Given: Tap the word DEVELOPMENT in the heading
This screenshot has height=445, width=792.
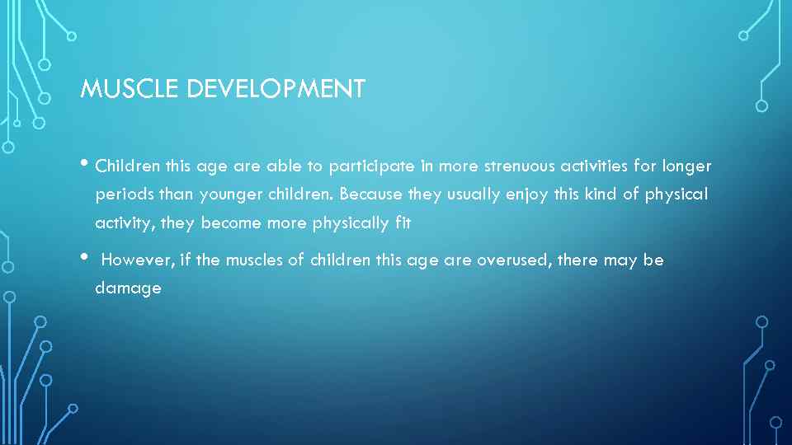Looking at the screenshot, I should coord(276,89).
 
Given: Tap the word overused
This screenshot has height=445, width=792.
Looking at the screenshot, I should coord(511,260).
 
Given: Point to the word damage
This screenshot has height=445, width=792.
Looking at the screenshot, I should coord(128,289).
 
